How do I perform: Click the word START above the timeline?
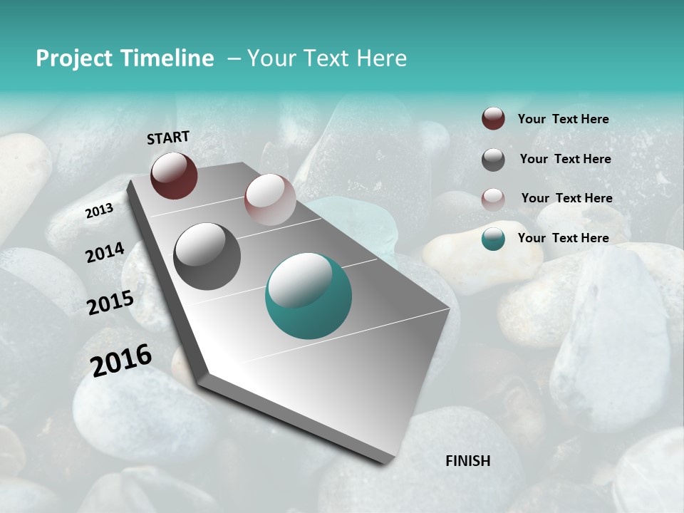(x=168, y=138)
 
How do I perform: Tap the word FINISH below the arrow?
(x=468, y=461)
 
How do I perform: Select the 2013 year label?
(x=99, y=211)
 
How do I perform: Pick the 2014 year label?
(x=105, y=252)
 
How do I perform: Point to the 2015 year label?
(x=110, y=303)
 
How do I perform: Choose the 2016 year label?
(x=121, y=360)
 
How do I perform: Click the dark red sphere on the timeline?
(x=174, y=175)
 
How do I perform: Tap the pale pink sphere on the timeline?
(x=270, y=199)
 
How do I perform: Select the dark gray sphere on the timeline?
(x=207, y=256)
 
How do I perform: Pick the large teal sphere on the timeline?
(x=309, y=296)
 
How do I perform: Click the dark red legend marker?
(x=493, y=119)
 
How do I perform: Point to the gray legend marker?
(x=493, y=160)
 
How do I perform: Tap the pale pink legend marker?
(x=493, y=199)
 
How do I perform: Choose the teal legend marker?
(x=493, y=239)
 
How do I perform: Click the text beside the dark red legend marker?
(x=563, y=119)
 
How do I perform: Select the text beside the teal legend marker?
(x=563, y=238)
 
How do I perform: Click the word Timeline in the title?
(x=167, y=58)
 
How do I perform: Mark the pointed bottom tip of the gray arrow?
(x=385, y=462)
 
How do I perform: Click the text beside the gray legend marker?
(x=565, y=159)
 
